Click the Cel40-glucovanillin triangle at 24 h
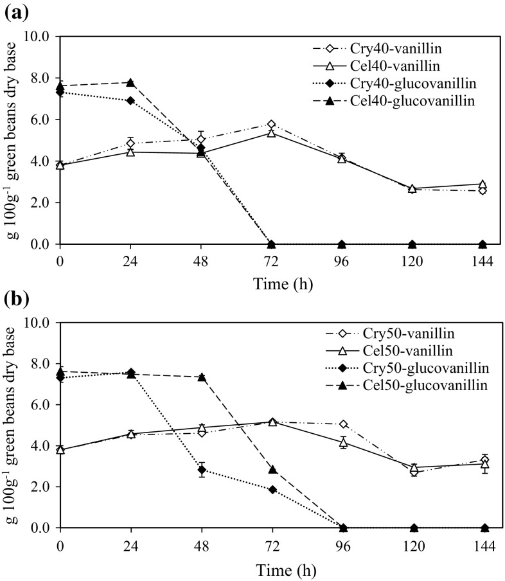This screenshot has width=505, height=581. click(x=130, y=82)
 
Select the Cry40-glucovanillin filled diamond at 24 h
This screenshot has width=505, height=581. click(x=130, y=101)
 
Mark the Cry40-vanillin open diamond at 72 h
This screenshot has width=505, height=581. click(x=272, y=124)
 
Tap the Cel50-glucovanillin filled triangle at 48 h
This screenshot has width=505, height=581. click(x=202, y=377)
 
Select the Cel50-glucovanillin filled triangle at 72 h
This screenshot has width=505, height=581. click(x=272, y=469)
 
